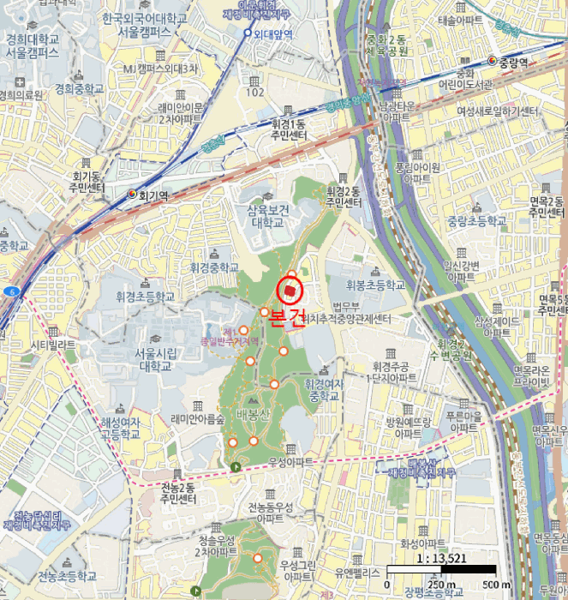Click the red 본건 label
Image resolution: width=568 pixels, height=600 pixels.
tap(287, 318)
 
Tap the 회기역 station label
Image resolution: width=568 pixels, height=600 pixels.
tap(154, 195)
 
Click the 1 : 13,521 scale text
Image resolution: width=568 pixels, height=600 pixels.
tap(441, 560)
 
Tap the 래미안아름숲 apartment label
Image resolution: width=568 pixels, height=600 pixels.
tap(197, 419)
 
